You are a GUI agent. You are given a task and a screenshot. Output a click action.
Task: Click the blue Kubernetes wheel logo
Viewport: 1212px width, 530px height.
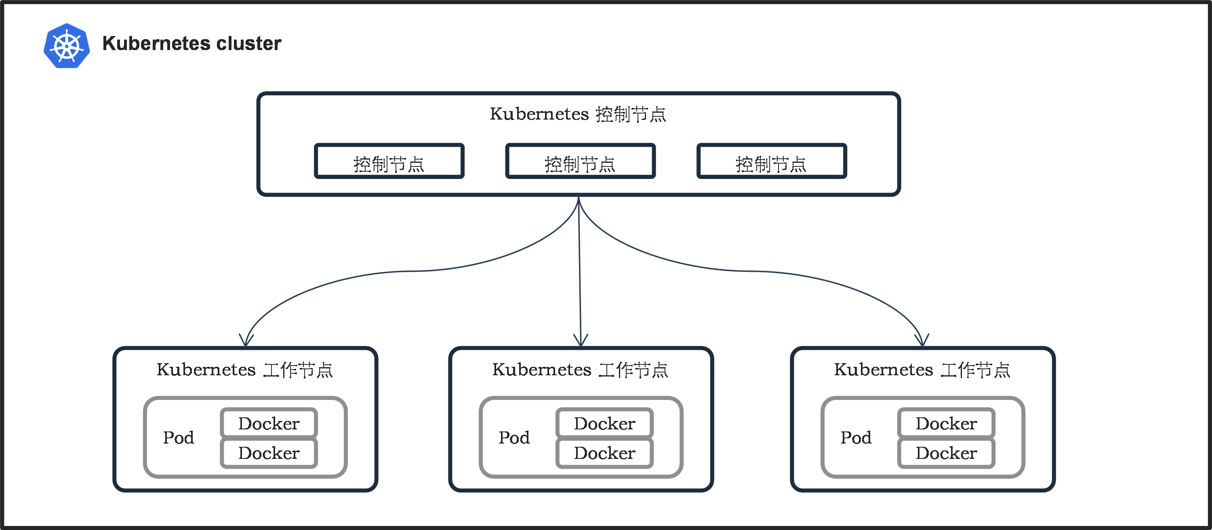[67, 46]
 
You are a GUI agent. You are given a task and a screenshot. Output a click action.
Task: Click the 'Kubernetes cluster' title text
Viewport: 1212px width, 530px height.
[191, 43]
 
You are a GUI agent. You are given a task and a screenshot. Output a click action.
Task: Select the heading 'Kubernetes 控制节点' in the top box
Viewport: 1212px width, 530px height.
[578, 114]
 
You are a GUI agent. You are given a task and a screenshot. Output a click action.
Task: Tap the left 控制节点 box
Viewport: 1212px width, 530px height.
[389, 161]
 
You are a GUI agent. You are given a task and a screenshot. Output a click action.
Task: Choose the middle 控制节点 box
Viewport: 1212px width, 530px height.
[580, 161]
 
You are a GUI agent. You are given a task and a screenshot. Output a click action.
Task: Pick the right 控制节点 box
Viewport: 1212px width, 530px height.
[772, 161]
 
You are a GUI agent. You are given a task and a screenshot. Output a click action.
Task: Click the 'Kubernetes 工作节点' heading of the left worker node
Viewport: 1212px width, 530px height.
[245, 370]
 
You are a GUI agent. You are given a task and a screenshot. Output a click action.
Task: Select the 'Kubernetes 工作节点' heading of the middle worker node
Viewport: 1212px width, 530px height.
[580, 370]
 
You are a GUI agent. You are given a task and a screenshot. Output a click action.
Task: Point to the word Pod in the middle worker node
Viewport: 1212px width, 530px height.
[514, 438]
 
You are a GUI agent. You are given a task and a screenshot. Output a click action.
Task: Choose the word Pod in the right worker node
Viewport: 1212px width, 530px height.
[856, 438]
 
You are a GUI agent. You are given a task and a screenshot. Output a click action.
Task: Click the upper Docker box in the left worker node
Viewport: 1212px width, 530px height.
[269, 423]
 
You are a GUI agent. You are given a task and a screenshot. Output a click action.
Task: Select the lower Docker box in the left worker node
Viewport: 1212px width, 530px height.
[269, 453]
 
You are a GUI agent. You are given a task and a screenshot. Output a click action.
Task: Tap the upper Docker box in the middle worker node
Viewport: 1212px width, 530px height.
[605, 423]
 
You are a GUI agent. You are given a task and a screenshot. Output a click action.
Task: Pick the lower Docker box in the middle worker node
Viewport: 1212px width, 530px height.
[605, 453]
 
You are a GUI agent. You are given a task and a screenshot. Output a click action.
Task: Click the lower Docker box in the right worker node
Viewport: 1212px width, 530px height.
[946, 453]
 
